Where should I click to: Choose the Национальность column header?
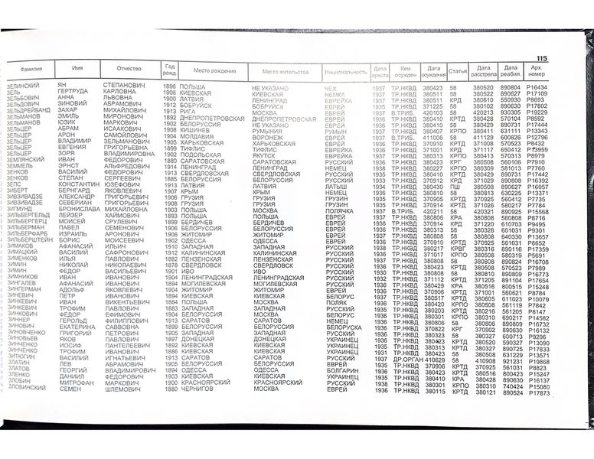(346, 71)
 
